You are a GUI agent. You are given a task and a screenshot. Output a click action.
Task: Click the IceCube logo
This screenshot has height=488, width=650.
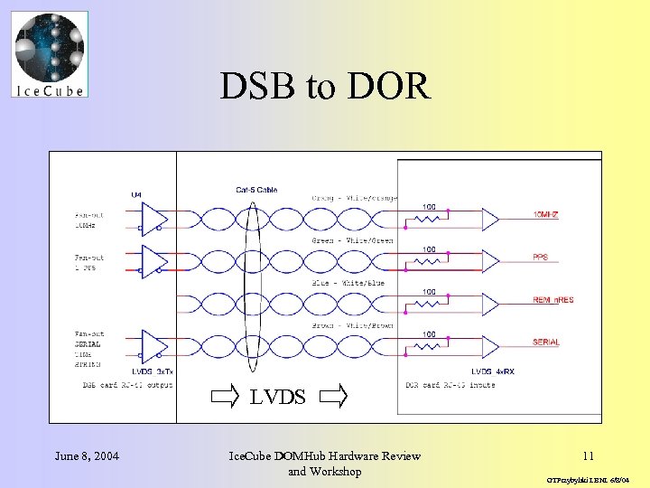[51, 54]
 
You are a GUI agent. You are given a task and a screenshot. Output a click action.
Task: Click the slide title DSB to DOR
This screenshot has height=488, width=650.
[325, 86]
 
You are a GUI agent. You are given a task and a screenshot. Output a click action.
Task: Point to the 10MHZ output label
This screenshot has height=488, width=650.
[548, 215]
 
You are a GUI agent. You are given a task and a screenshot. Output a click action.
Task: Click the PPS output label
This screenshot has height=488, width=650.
[541, 258]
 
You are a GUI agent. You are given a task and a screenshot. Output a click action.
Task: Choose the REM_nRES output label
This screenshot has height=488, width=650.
[552, 300]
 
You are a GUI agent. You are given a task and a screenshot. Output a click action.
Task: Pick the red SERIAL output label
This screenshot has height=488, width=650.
[546, 343]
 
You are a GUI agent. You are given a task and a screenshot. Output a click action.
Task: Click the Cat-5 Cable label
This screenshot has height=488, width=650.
[256, 190]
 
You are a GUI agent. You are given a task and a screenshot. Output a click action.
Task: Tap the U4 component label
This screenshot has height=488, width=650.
[136, 193]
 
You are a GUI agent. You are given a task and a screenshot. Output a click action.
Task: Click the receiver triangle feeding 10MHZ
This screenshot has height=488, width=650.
[490, 220]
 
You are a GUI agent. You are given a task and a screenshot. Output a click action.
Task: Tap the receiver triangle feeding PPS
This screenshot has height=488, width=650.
[490, 262]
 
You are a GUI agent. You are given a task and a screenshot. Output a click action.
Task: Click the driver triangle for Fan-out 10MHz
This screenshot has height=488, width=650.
[154, 220]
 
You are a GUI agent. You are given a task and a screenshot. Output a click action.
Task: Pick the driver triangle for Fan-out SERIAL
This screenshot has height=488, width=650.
[154, 348]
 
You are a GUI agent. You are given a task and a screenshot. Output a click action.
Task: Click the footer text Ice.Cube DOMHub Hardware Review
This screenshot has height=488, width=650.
[325, 455]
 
